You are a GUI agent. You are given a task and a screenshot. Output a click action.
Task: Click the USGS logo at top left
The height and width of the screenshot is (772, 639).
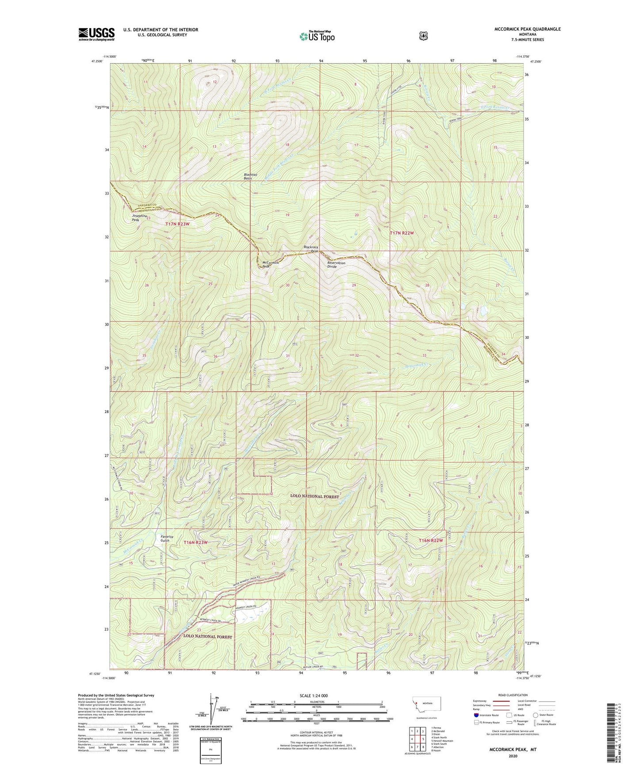[96, 34]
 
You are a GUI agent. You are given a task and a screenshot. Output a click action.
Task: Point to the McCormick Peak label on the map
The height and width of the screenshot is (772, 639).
[270, 264]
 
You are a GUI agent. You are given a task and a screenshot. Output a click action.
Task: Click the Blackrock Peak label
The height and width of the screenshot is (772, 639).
[311, 249]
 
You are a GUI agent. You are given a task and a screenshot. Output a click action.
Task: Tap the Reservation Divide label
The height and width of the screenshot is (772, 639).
[336, 264]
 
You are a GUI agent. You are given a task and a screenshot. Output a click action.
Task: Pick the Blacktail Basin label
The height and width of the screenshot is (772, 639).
[248, 176]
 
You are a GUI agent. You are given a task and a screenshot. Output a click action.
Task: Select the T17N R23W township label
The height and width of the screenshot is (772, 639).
[177, 224]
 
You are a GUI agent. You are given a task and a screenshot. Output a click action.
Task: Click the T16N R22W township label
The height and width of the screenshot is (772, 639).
[431, 540]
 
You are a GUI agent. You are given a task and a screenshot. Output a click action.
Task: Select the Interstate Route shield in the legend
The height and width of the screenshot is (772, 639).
[476, 715]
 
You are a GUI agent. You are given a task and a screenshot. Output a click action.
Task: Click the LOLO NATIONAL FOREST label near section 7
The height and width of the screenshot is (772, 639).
[314, 497]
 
